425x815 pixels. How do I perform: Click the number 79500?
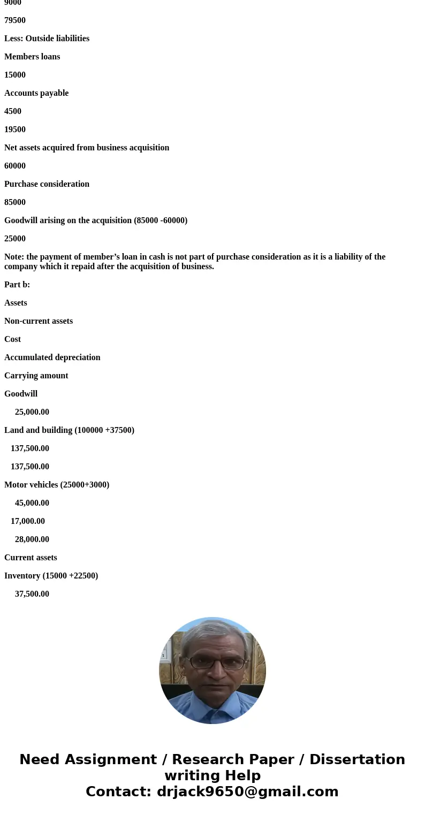click(x=15, y=20)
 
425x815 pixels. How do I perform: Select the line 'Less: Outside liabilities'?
click(x=47, y=39)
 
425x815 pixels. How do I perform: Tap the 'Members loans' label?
click(x=32, y=57)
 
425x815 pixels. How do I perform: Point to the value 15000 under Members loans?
click(x=15, y=75)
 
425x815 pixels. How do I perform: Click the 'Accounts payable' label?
click(x=36, y=93)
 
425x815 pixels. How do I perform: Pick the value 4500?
click(x=13, y=111)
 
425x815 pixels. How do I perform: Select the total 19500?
click(x=15, y=130)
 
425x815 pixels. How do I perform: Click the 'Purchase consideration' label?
click(x=47, y=184)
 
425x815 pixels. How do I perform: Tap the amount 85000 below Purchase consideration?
click(x=15, y=202)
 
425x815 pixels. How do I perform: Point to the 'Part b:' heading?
click(x=17, y=285)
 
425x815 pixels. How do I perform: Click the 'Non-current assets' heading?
click(x=39, y=321)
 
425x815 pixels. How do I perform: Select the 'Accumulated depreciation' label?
click(x=52, y=357)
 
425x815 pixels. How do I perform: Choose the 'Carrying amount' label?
click(x=36, y=376)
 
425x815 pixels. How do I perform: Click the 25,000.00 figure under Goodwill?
click(x=32, y=412)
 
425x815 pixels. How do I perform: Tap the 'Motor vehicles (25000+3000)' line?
click(x=57, y=485)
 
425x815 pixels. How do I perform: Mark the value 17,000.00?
click(x=28, y=521)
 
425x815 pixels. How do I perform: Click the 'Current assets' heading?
click(x=31, y=558)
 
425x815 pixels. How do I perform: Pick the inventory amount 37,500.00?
click(x=32, y=594)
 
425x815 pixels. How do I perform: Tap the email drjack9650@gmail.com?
click(x=247, y=791)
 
